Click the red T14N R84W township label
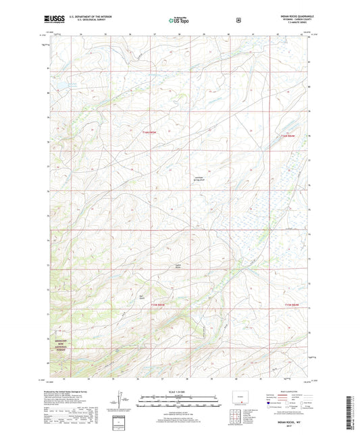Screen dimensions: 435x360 [287, 136]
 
